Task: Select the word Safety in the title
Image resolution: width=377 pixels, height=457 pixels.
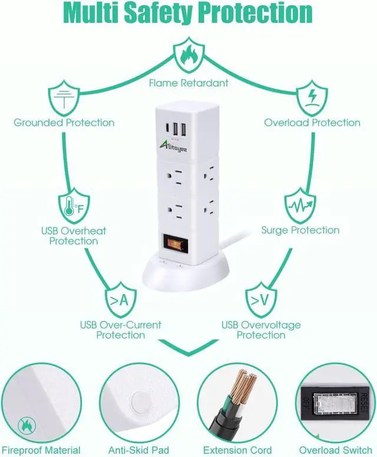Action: click(188, 12)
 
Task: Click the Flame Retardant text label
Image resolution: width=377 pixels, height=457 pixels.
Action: click(188, 83)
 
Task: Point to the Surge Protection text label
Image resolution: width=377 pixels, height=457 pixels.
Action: click(300, 230)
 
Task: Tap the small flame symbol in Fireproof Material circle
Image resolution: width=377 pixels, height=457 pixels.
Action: click(26, 423)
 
